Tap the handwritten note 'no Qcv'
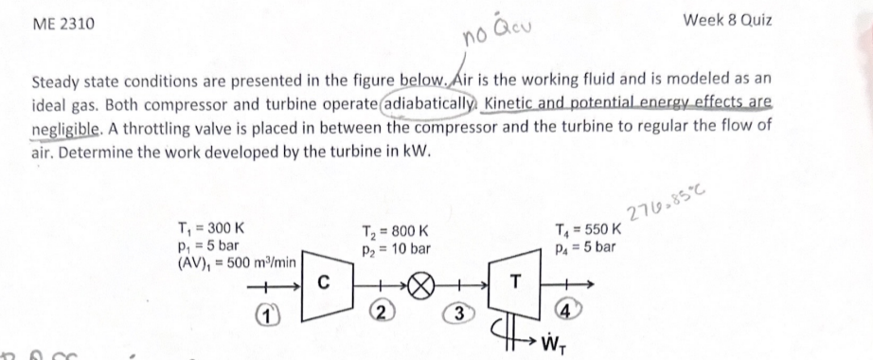[x=491, y=35]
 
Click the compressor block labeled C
[x=323, y=281]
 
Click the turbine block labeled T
[x=515, y=281]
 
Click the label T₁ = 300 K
[x=209, y=227]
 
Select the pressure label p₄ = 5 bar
[x=586, y=246]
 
